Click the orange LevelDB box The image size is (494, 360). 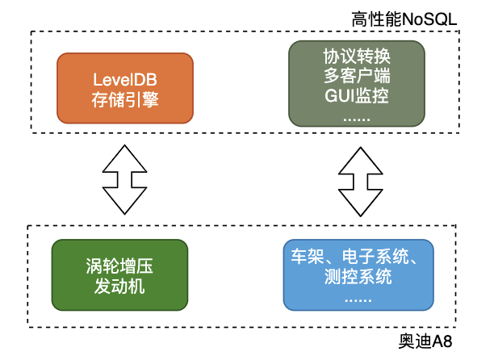tap(124, 90)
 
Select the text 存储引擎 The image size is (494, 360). tap(124, 101)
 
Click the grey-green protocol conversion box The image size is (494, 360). tap(356, 84)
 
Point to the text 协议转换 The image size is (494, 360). tap(356, 58)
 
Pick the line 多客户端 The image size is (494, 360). tap(356, 77)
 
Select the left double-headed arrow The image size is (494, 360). tap(124, 178)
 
